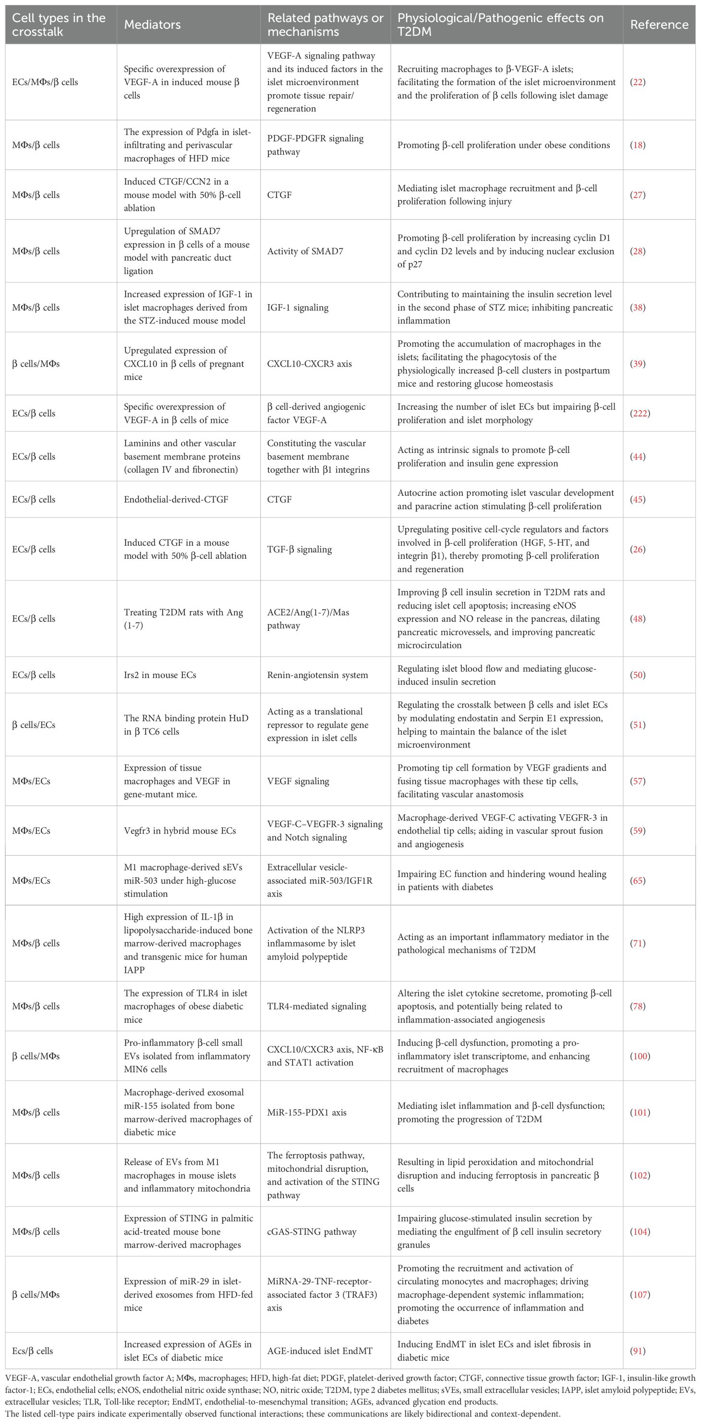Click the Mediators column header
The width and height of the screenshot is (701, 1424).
152,25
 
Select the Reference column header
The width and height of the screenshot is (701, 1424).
659,25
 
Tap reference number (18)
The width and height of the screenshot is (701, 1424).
638,145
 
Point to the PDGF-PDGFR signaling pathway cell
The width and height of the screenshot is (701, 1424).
315,145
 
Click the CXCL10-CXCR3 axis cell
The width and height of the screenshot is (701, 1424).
309,364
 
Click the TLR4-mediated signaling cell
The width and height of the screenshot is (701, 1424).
316,1006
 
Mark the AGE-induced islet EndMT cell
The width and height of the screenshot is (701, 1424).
319,1350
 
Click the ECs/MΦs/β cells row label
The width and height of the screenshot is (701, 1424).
45,82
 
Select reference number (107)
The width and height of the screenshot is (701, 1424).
640,1295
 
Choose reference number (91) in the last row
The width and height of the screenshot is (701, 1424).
638,1350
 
